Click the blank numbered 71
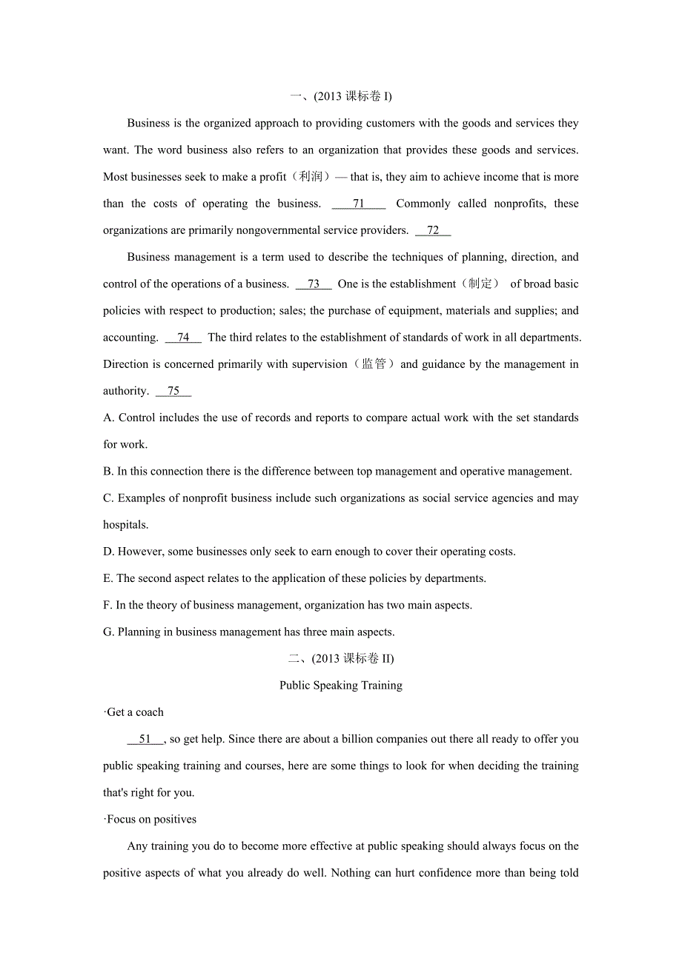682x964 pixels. [359, 204]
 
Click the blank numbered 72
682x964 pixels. [433, 230]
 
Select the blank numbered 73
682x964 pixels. [314, 284]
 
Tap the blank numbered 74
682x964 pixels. [183, 337]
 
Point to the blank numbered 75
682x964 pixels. [173, 391]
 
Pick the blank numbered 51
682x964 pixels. [145, 739]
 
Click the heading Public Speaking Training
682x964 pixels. [341, 686]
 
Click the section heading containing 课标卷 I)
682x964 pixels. [341, 96]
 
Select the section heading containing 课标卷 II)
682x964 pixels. [341, 659]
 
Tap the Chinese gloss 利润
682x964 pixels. [311, 177]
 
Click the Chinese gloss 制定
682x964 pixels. [480, 284]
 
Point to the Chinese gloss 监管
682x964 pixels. [374, 364]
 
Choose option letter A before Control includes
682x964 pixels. [108, 418]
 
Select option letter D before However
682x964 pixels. [108, 552]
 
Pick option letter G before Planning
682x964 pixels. [108, 632]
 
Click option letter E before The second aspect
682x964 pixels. [107, 578]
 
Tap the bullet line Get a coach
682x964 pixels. [134, 712]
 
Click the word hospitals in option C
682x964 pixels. [125, 525]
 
